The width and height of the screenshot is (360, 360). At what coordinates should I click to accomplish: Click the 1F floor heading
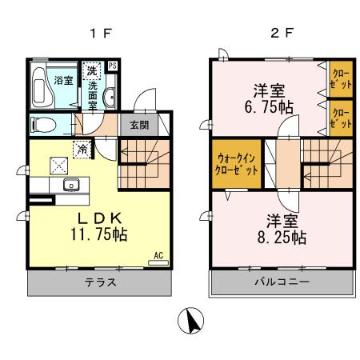tap(101, 35)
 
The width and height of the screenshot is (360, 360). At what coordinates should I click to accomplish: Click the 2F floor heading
tap(277, 35)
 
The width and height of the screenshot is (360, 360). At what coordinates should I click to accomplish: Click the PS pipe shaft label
tap(113, 66)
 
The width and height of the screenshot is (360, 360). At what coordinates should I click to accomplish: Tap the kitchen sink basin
tap(70, 186)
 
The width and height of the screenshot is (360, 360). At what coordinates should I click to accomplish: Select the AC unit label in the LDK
tap(158, 255)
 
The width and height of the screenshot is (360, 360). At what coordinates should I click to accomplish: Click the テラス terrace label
tap(102, 282)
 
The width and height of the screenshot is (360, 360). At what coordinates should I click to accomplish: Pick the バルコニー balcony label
tap(280, 282)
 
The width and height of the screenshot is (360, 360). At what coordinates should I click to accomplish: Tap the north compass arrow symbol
tap(193, 322)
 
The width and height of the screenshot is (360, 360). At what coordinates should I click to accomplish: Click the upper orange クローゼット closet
tap(339, 78)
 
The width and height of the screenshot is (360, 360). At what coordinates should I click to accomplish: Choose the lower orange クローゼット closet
tap(339, 117)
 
